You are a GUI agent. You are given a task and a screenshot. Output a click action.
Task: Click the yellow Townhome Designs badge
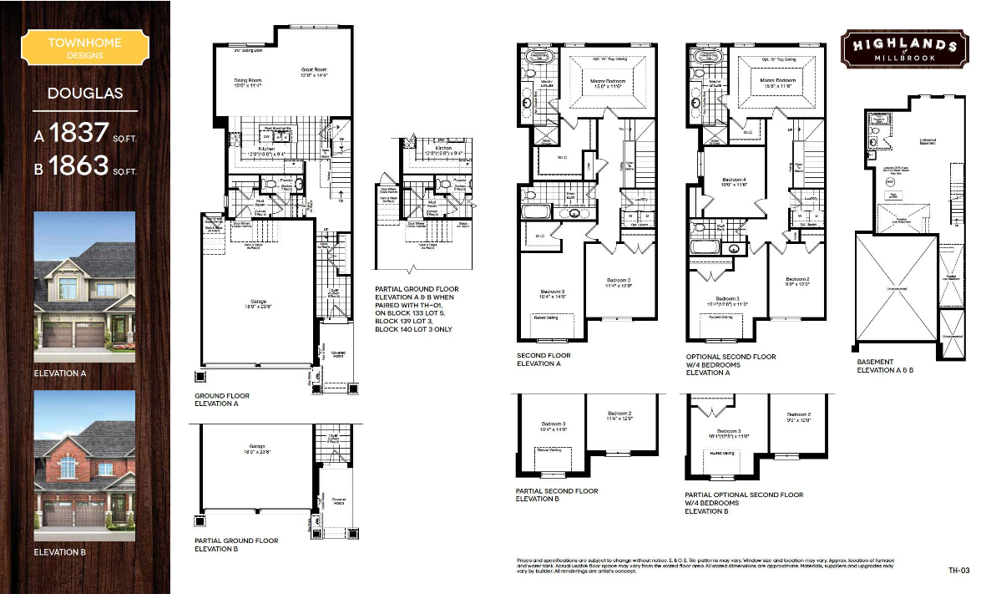click(84, 48)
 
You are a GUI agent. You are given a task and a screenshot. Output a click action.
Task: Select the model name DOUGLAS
click(84, 93)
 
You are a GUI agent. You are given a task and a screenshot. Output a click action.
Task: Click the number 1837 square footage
click(78, 134)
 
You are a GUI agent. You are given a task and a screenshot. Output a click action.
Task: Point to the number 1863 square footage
click(78, 166)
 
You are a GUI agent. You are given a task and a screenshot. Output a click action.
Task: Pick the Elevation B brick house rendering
click(84, 460)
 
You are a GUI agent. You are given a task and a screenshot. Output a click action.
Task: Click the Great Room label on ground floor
click(314, 73)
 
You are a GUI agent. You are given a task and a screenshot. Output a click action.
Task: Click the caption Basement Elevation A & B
click(885, 366)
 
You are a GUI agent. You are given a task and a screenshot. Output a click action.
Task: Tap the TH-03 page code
click(958, 571)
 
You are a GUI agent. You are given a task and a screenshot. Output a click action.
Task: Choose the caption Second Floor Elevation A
click(544, 360)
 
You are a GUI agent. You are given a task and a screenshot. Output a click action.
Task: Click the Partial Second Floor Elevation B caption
click(557, 495)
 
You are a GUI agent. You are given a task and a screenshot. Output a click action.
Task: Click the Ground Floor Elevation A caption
click(222, 400)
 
